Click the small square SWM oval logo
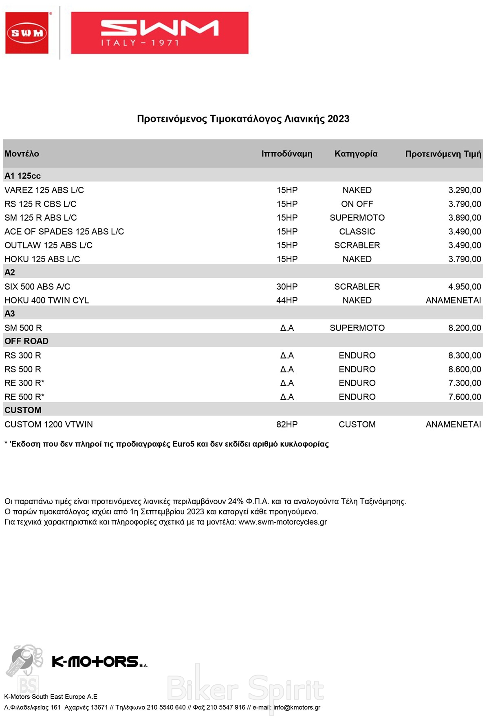point(27,33)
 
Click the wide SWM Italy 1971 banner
point(159,33)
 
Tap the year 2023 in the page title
point(338,119)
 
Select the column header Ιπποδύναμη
point(287,154)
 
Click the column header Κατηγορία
point(356,154)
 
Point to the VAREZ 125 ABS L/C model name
point(44,190)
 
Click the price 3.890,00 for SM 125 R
point(465,218)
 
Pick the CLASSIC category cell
point(357,232)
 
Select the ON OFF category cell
point(357,204)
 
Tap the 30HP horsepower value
point(287,287)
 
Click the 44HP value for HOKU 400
point(287,301)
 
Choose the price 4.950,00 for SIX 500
point(465,287)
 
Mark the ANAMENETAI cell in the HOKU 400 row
point(453,301)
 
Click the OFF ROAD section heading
point(26,341)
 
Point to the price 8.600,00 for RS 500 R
point(465,370)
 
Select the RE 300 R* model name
point(24,383)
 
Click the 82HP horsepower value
point(287,425)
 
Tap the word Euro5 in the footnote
point(183,444)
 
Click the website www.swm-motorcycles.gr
point(282,522)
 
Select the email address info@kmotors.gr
point(297,707)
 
